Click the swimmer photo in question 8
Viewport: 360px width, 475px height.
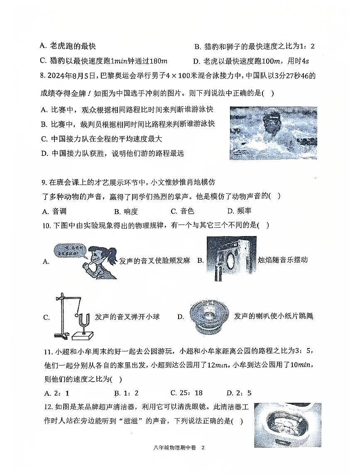pos(273,133)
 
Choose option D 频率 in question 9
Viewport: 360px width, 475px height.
pos(239,211)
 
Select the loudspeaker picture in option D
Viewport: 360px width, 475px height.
pos(208,317)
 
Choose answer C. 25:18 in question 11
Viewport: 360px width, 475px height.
pos(186,393)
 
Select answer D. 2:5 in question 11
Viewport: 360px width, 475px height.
pos(239,393)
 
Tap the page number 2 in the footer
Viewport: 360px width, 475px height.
pos(203,448)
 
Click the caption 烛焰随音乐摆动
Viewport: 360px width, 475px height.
pos(282,260)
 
